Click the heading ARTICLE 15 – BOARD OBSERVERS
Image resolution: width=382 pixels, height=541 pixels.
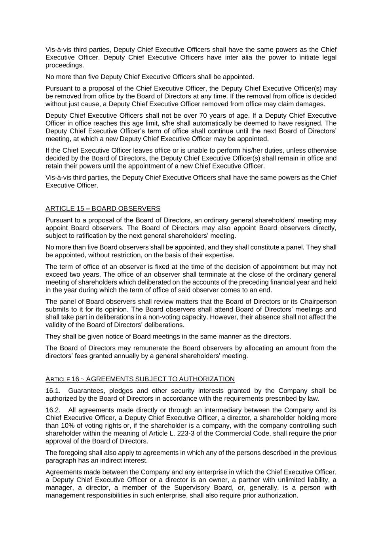coord(103,208)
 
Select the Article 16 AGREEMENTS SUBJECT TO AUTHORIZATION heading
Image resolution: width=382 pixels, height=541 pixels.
coord(140,379)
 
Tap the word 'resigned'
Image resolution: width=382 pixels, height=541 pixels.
coord(308,123)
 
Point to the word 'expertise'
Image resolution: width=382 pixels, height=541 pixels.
coord(219,255)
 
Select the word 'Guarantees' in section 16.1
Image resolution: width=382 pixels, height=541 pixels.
coord(85,391)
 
